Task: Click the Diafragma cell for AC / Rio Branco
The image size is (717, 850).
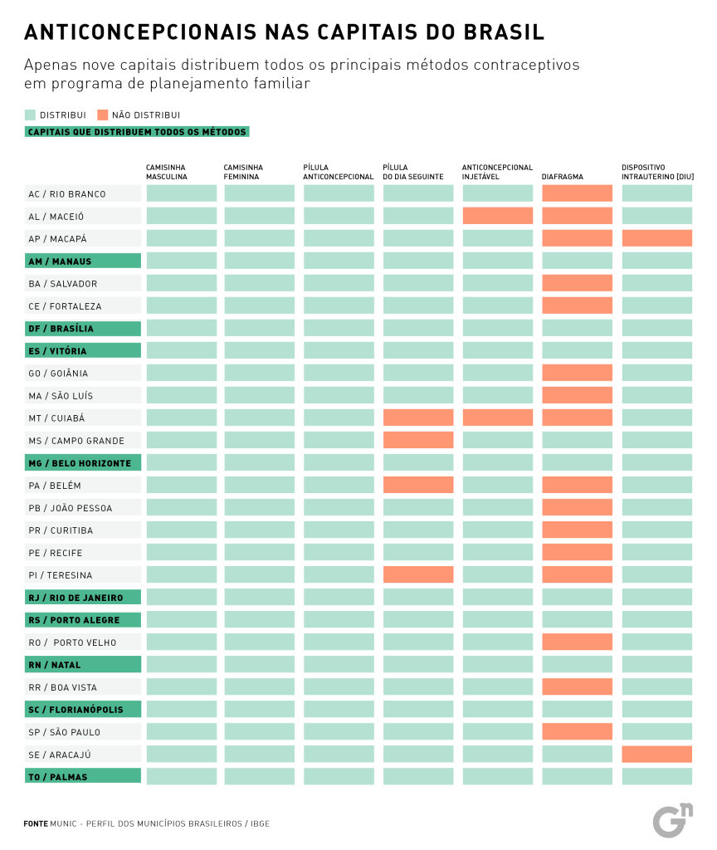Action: point(577,193)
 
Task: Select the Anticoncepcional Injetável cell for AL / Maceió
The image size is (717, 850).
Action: point(497,216)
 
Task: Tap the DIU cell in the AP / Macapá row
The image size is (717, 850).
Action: point(656,238)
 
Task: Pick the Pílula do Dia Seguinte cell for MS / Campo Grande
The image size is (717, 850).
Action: point(418,440)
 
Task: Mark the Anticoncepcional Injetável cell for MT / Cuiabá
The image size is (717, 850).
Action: point(497,418)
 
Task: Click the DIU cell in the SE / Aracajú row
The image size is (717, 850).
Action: point(656,754)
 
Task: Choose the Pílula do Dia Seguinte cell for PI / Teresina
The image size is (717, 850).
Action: point(418,574)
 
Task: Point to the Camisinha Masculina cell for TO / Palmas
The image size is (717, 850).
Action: point(182,776)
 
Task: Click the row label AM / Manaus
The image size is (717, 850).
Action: point(82,261)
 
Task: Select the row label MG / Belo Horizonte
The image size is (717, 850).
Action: point(82,462)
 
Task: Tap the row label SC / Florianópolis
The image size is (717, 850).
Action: point(82,709)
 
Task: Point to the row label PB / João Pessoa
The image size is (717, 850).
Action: point(82,507)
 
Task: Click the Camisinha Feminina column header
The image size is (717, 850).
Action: point(243,172)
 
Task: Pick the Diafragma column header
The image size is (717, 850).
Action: point(563,177)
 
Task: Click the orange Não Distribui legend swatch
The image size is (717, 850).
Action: point(102,115)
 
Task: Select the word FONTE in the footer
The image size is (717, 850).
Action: point(36,823)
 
